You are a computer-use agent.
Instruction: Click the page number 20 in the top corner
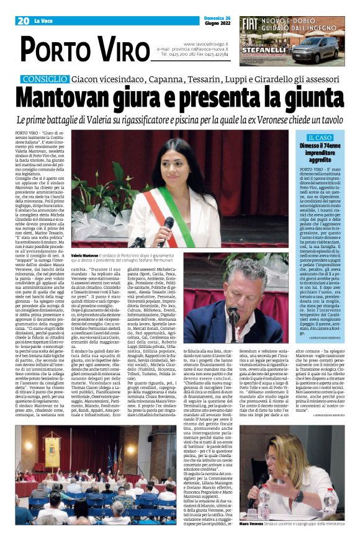24,20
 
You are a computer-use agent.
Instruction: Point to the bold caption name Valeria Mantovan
85,256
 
